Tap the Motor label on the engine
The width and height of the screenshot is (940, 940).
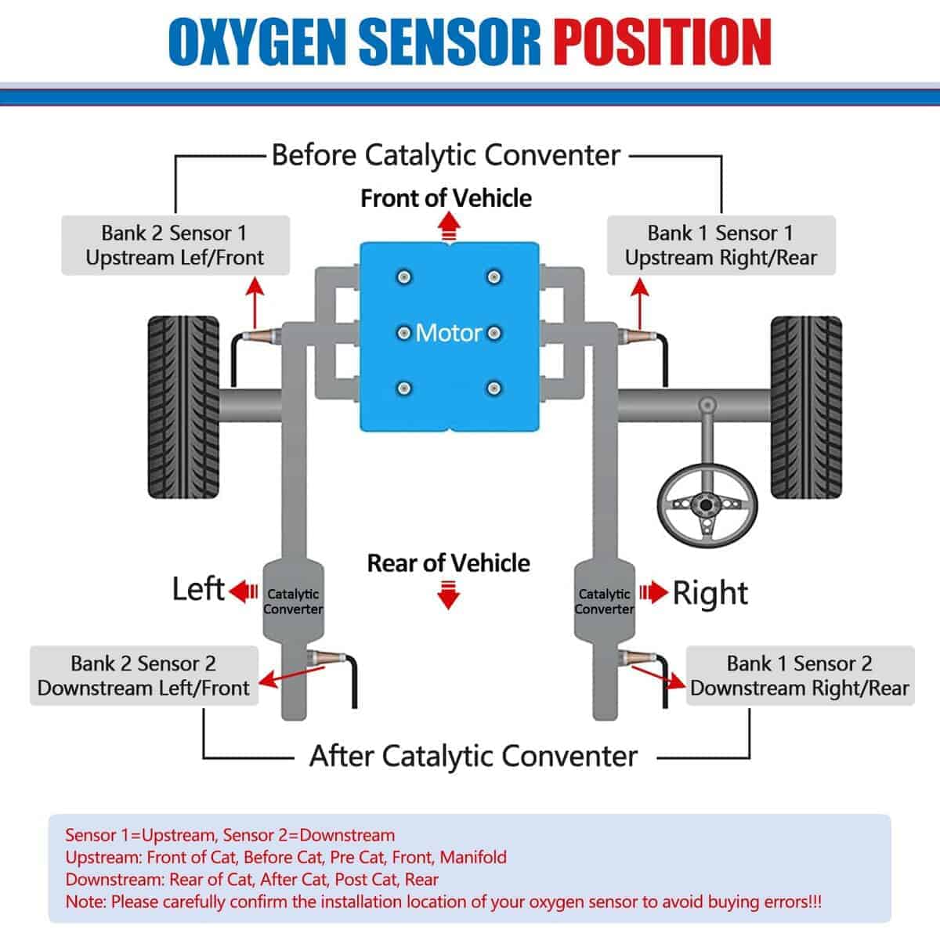pos(448,333)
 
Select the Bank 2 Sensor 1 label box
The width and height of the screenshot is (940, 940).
pos(175,245)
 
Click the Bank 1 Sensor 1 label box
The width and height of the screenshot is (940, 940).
pos(721,245)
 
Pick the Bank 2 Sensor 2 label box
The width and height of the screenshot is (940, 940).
pos(144,675)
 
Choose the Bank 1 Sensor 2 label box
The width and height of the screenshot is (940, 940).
pos(800,675)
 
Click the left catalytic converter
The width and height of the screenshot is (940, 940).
pos(293,599)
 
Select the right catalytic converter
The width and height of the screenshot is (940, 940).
pos(604,599)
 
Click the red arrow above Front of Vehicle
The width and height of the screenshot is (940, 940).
pos(448,228)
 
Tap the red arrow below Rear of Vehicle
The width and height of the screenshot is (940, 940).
pos(448,595)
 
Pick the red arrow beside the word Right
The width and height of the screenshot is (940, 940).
pos(653,592)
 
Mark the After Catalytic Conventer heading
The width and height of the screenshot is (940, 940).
pos(473,757)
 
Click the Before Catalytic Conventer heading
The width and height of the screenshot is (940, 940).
pos(446,155)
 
